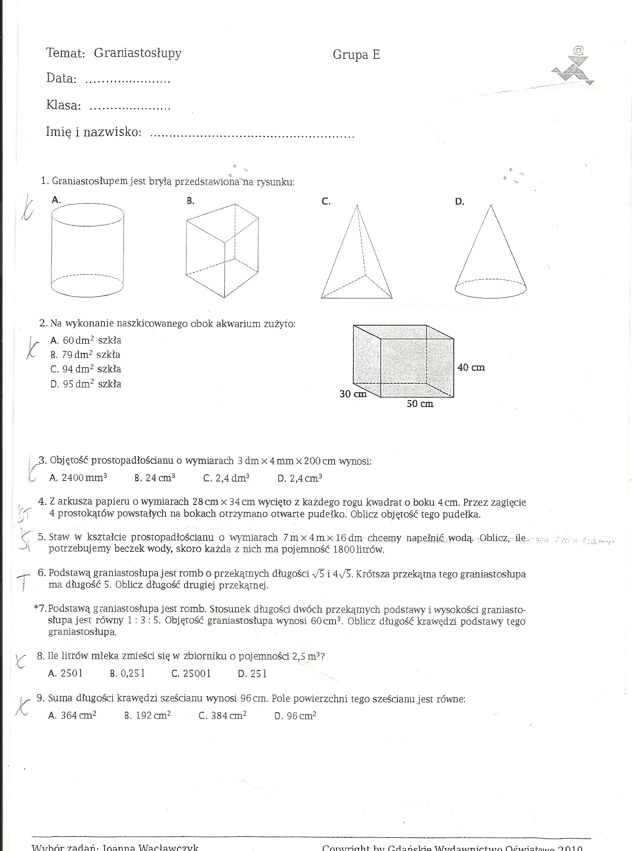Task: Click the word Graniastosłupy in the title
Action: click(x=137, y=53)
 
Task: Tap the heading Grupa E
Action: click(x=356, y=55)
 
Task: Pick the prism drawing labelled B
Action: click(x=222, y=251)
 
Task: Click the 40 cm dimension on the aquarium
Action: click(x=471, y=368)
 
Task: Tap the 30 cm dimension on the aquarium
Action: click(x=353, y=394)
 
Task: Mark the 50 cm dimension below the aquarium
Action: click(x=420, y=404)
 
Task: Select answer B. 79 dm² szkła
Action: click(x=85, y=355)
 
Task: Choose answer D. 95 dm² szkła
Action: click(x=86, y=384)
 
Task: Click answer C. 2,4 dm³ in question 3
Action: click(x=226, y=478)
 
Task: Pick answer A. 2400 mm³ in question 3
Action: click(x=78, y=478)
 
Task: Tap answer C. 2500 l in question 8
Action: click(x=191, y=674)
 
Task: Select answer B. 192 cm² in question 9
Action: click(x=147, y=716)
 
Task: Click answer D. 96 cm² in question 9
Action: click(x=295, y=716)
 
